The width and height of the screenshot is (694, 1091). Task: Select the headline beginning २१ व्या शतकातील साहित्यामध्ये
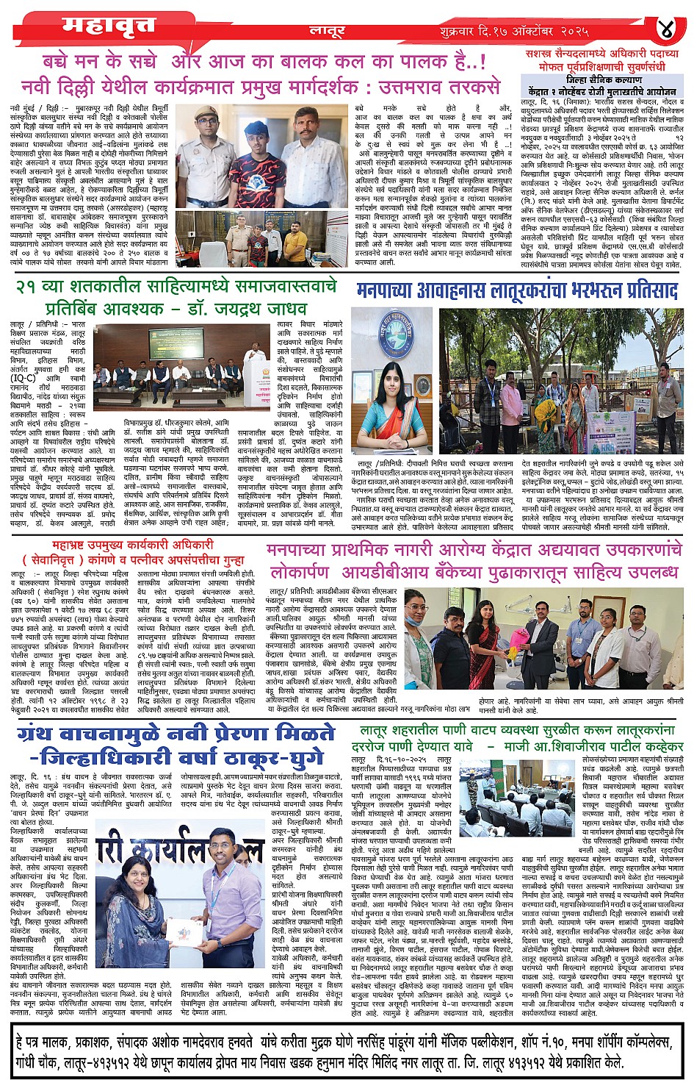tap(176, 285)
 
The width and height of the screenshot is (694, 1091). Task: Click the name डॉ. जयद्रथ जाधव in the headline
tap(246, 307)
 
